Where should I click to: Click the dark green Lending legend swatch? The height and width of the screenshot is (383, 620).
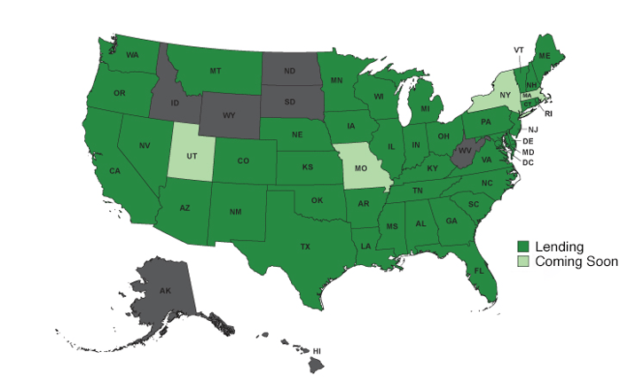pos(523,246)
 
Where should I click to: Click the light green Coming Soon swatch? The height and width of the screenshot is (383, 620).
pos(523,262)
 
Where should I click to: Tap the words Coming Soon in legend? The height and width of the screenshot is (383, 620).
pos(577,262)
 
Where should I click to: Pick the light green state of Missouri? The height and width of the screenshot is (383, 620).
pos(361,168)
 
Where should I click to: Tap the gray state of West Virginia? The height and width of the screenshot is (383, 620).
pos(462,153)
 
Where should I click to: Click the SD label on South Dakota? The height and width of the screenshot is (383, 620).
pos(290,101)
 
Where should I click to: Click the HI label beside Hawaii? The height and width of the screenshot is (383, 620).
pos(317,351)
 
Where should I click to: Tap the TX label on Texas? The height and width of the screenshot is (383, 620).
pos(305,246)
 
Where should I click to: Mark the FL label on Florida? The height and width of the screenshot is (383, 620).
pos(478,270)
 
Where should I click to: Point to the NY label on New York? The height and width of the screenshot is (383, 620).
pos(504,95)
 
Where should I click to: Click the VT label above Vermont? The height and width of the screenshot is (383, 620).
pos(519,50)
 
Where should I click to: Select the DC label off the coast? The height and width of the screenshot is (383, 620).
pos(527,163)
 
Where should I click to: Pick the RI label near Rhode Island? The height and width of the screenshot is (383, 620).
pos(547,113)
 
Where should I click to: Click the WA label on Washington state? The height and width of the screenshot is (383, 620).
pos(132,55)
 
